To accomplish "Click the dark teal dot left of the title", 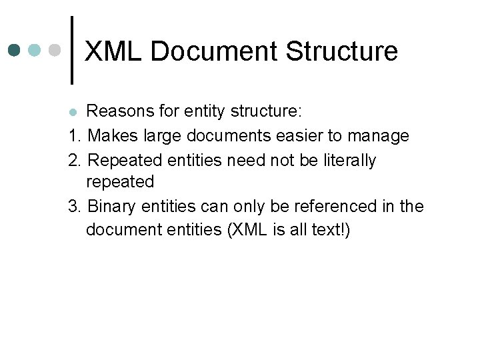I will tap(15, 50).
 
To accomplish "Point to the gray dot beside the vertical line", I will tap(55, 50).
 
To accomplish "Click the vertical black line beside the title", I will tap(72, 50).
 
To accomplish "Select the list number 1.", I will tap(73, 136).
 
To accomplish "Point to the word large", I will tap(158, 137).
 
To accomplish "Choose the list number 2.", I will tap(73, 160).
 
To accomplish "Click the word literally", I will tap(348, 161).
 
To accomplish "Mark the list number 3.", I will tap(73, 206).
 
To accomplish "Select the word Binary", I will tap(113, 207).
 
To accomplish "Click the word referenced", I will tap(328, 206).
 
